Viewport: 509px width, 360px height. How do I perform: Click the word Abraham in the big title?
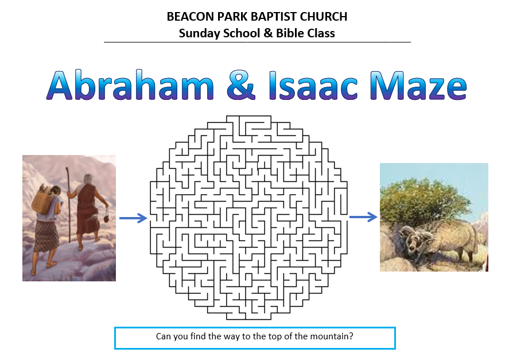tap(130, 85)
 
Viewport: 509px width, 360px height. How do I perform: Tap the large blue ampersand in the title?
tap(240, 85)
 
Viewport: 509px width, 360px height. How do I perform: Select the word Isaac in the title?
tap(313, 85)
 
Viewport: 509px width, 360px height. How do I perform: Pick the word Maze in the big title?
tap(418, 85)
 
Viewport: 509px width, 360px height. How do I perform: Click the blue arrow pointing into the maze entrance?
tap(133, 218)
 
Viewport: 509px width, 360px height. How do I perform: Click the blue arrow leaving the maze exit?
tap(363, 216)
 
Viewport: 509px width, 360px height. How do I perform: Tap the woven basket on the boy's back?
tap(42, 202)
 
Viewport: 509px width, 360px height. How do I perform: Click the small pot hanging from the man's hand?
tap(106, 219)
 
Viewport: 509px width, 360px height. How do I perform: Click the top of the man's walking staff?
tap(68, 168)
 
